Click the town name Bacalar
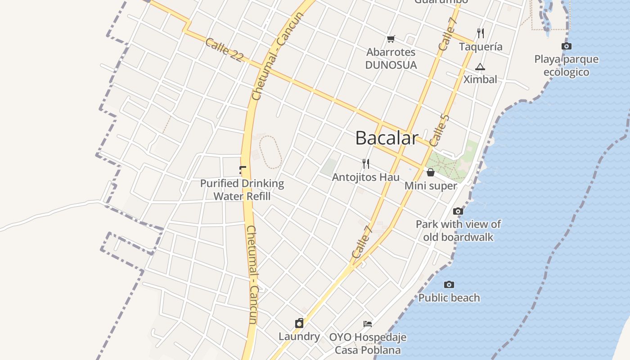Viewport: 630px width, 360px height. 387,138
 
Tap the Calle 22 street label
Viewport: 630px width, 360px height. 224,49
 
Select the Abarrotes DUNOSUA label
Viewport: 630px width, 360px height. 391,58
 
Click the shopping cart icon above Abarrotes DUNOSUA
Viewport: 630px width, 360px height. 391,39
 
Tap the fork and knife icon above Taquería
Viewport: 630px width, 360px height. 481,33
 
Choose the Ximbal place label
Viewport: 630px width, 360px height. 480,80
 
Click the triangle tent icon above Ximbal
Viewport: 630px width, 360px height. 480,67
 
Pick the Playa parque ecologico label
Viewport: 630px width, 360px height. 566,66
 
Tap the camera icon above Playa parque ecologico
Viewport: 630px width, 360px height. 567,46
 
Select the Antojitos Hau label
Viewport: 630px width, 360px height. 365,177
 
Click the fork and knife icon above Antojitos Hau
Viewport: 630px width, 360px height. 366,164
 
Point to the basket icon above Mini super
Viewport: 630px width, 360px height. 431,172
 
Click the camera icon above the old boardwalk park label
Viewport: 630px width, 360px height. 458,211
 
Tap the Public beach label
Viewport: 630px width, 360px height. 449,298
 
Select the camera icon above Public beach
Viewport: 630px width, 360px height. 449,284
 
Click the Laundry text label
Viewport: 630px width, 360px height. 299,337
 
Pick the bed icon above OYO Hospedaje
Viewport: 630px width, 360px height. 368,324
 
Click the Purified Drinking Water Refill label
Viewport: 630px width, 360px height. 242,190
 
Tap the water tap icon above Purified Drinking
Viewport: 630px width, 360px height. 243,170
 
